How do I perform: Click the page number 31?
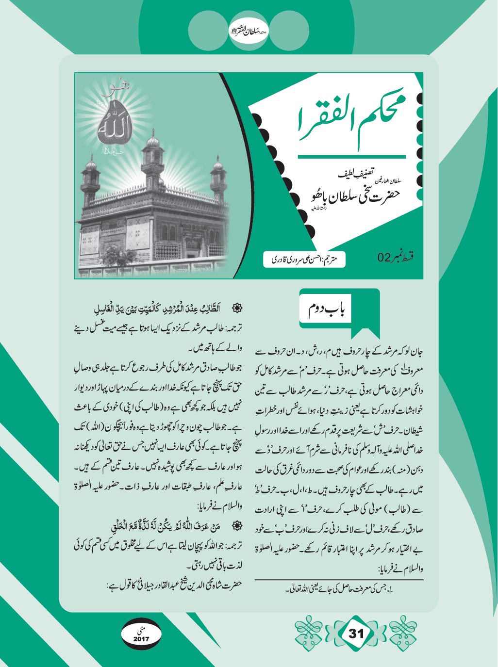(356, 634)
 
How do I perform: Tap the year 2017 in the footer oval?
(141, 639)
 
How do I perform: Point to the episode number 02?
(384, 257)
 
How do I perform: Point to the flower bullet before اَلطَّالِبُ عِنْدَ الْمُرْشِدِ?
(237, 308)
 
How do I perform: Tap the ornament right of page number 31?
(403, 633)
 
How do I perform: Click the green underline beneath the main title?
(351, 157)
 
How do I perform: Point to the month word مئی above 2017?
(141, 631)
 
